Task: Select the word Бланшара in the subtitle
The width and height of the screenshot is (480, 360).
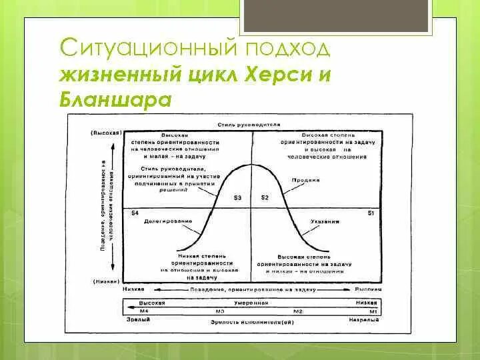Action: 116,99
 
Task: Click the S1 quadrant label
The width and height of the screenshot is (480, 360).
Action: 372,213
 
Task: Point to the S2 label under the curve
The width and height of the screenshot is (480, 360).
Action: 264,198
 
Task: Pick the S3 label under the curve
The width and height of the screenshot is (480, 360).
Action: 238,198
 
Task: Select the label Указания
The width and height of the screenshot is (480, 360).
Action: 324,221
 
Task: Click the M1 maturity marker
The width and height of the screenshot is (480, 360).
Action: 373,311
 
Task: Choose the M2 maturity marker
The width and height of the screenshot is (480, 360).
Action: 298,311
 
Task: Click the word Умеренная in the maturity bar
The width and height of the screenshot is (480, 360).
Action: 251,303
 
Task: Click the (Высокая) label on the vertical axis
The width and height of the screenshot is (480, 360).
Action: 105,133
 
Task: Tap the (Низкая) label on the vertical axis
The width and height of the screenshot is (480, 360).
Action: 106,281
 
